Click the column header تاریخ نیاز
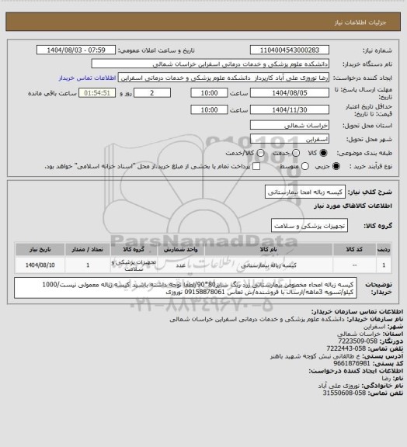40,250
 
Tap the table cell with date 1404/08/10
40,265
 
